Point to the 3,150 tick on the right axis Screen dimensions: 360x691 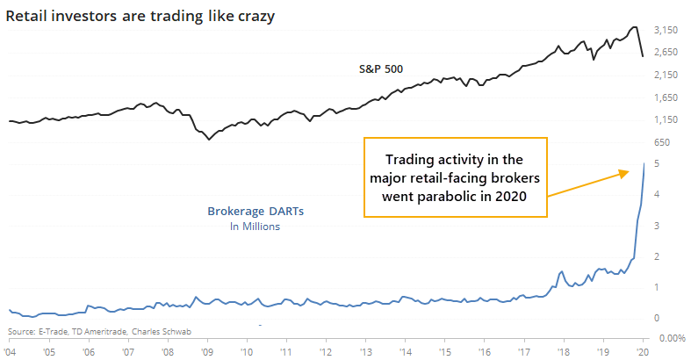point(668,30)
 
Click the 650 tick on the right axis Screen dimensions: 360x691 point(663,142)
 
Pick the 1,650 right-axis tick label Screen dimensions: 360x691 point(668,97)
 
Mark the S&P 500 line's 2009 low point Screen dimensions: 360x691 point(208,139)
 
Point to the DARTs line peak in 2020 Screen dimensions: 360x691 point(644,164)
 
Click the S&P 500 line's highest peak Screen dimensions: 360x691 point(634,27)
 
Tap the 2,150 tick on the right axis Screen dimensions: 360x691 point(668,75)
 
